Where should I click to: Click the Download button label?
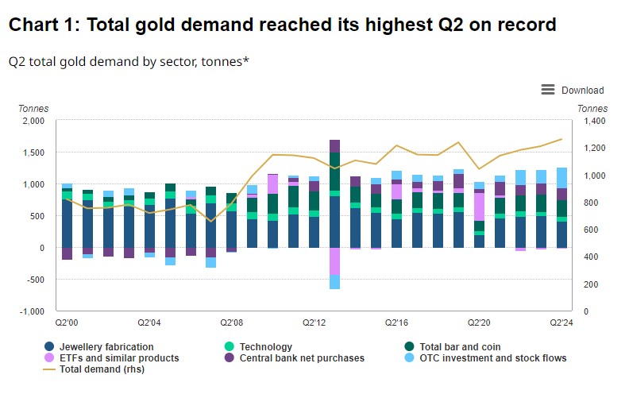582,91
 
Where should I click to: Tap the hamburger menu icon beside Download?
548,90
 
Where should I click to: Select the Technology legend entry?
265,347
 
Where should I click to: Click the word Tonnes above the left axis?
33,108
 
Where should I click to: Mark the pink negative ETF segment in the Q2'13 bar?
334,261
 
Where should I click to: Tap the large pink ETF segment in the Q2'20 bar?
479,207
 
